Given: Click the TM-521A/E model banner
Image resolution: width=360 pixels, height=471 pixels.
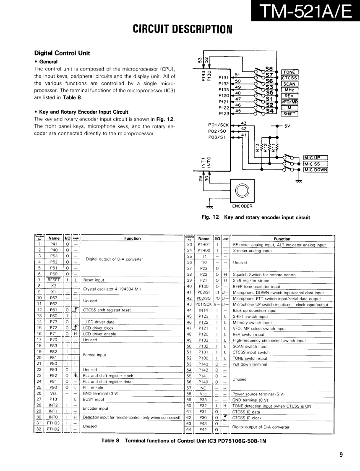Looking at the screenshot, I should coord(305,11).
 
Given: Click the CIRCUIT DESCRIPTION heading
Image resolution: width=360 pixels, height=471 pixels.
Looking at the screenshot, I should coord(183,29).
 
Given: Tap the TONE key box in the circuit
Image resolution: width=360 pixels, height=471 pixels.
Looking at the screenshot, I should coord(290,72).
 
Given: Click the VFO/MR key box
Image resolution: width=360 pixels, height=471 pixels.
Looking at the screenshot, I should coord(290,102).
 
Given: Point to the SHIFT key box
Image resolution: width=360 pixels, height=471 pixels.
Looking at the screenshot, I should coord(290,114).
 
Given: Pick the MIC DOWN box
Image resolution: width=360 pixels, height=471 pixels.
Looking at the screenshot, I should coord(316,170).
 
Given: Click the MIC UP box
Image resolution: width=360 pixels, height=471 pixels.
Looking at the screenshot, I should coord(316,158).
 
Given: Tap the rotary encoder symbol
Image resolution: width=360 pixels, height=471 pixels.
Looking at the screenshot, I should coord(242,191).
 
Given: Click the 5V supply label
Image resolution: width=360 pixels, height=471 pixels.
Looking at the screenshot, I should coord(288,126).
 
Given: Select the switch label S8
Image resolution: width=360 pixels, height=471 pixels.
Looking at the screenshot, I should coord(269,68).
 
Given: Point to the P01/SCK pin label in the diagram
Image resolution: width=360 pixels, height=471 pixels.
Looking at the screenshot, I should coord(219,125).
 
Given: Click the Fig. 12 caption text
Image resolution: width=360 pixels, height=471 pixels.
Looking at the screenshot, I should coord(256,217).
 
